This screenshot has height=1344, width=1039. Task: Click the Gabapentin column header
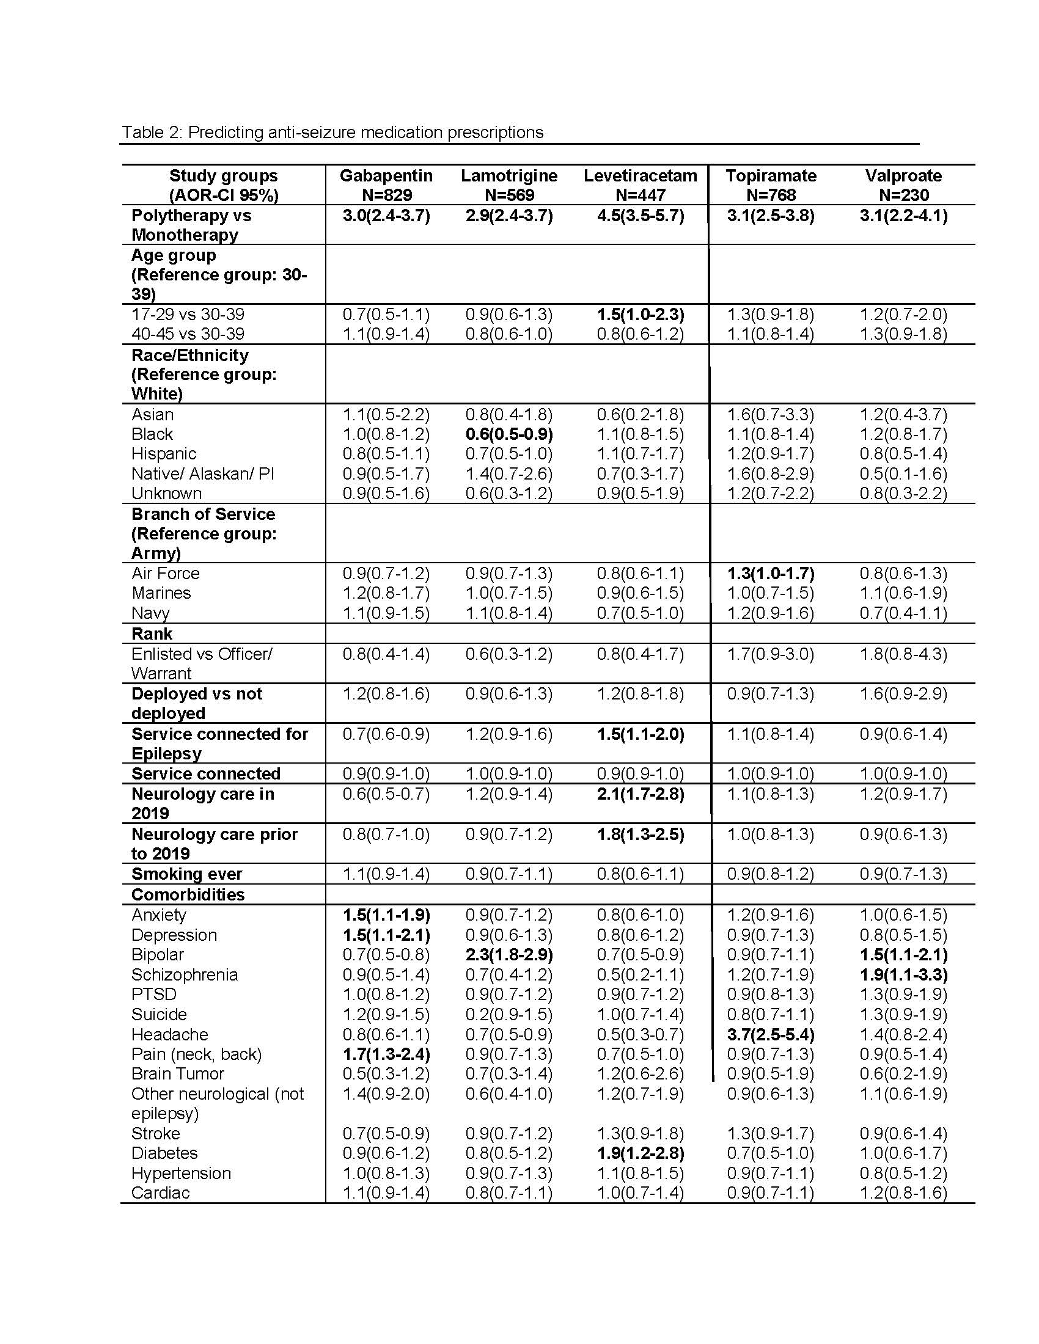click(386, 176)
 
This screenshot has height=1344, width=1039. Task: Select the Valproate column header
click(903, 176)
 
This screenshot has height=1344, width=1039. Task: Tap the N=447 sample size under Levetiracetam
click(640, 195)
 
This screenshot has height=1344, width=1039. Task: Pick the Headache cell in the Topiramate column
click(771, 1034)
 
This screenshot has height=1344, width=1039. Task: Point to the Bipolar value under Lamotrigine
click(509, 954)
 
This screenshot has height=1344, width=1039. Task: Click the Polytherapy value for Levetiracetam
click(640, 216)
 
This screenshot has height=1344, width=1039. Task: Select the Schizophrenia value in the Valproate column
click(903, 975)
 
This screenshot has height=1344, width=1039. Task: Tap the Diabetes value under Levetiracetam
click(640, 1153)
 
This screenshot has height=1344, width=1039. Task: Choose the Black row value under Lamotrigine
click(509, 434)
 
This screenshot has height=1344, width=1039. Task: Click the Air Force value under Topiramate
click(771, 574)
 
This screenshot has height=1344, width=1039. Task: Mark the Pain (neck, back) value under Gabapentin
click(386, 1054)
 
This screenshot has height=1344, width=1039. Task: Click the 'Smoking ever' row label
click(186, 874)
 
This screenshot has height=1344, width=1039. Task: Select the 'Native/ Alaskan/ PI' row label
click(202, 474)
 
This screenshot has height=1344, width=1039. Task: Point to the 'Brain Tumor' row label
click(177, 1074)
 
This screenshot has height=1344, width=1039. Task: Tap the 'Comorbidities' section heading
click(188, 894)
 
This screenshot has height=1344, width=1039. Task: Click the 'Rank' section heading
click(152, 634)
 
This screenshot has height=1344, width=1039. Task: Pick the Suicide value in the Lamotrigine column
click(509, 1014)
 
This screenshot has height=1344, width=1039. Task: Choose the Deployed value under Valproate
click(903, 693)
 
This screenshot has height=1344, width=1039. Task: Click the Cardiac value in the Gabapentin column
click(386, 1192)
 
